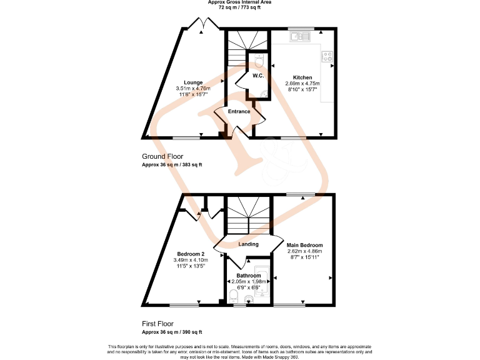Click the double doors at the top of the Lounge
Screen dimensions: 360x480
tap(200, 25)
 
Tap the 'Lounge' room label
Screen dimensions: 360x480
tap(192, 82)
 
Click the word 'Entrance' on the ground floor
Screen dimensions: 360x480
tap(239, 112)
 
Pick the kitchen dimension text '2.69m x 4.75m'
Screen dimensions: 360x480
tap(302, 84)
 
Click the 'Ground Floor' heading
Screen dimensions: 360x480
tap(162, 156)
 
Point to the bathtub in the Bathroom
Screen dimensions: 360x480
tap(264, 287)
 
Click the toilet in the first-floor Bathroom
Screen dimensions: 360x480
tap(234, 294)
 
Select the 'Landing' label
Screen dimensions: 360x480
tap(248, 244)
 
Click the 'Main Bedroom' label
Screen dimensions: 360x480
tap(304, 245)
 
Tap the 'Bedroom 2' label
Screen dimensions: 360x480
tap(186, 254)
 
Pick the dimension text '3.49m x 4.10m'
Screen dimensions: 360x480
tap(186, 261)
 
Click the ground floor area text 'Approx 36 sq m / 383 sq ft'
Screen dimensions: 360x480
tap(172, 165)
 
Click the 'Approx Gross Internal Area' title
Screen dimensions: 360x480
tap(240, 2)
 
